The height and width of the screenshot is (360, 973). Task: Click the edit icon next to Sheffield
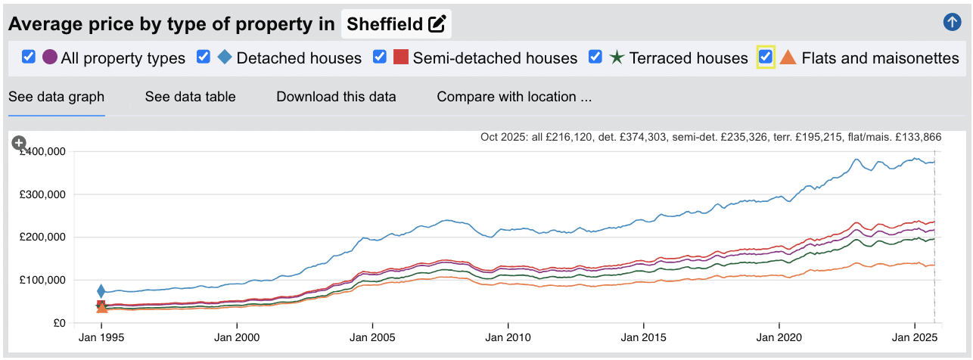point(437,24)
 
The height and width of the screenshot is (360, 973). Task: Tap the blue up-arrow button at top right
point(952,23)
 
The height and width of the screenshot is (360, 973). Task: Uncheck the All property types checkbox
point(29,57)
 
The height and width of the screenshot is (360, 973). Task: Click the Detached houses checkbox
point(204,57)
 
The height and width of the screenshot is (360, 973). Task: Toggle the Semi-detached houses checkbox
point(380,57)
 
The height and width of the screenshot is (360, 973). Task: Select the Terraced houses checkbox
point(595,57)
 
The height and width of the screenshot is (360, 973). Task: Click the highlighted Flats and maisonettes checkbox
point(766,57)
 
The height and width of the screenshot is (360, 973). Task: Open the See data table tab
point(190,97)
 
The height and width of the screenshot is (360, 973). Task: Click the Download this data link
point(336,97)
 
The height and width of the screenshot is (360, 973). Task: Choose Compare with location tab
point(514,97)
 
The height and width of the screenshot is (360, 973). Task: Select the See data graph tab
point(56,97)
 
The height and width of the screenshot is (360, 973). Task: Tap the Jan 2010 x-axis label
point(508,337)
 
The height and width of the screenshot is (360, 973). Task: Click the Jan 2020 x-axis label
point(779,337)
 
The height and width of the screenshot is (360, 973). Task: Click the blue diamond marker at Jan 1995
point(101,291)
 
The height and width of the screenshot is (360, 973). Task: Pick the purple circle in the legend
point(50,57)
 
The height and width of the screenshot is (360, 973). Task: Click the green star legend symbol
point(617,57)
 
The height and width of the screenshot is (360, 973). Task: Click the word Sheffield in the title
point(384,24)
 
